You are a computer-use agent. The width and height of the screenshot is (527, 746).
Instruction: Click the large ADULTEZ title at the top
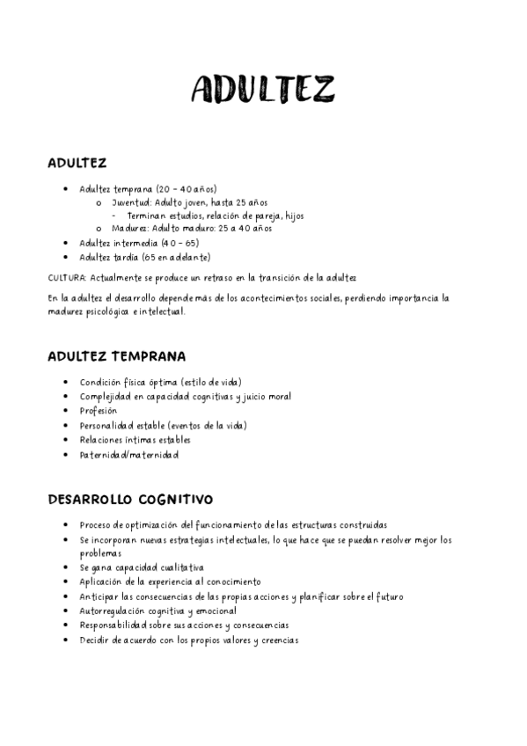pyautogui.click(x=263, y=90)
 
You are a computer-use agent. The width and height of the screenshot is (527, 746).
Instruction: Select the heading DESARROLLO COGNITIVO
pyautogui.click(x=130, y=500)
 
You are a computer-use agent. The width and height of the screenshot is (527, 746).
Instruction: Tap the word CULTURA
pyautogui.click(x=67, y=278)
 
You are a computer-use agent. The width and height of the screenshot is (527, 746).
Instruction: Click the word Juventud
pyautogui.click(x=129, y=202)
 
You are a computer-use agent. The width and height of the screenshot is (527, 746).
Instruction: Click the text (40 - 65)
pyautogui.click(x=179, y=242)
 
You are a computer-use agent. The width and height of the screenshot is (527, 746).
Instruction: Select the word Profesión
pyautogui.click(x=98, y=411)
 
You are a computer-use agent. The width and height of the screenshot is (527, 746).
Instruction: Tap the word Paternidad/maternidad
pyautogui.click(x=128, y=455)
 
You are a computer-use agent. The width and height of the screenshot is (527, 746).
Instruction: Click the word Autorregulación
pyautogui.click(x=115, y=611)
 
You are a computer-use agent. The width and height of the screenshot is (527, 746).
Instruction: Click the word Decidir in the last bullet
pyautogui.click(x=94, y=640)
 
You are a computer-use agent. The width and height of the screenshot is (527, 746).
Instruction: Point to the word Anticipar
pyautogui.click(x=99, y=596)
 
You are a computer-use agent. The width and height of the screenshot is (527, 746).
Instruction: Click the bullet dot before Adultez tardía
pyautogui.click(x=68, y=257)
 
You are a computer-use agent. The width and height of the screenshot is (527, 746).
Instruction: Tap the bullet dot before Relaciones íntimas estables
pyautogui.click(x=68, y=440)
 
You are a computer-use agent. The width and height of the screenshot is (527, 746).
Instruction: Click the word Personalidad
pyautogui.click(x=106, y=426)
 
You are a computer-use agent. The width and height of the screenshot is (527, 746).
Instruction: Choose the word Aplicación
pyautogui.click(x=100, y=582)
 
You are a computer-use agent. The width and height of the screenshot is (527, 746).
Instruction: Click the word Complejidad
pyautogui.click(x=106, y=397)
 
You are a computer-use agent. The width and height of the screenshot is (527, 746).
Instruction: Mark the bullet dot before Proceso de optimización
pyautogui.click(x=68, y=525)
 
